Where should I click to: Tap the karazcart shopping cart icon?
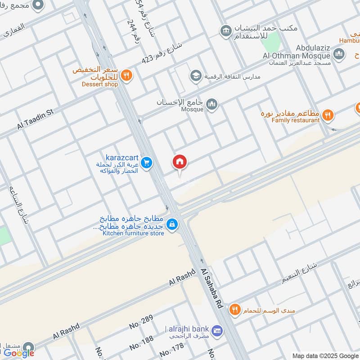point(146,164)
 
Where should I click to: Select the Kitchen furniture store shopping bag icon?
point(172,224)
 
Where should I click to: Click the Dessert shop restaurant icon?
point(127,76)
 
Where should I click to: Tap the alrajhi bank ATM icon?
point(217,330)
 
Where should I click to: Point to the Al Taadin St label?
point(36,119)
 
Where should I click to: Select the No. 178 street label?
point(171,350)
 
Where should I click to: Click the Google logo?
point(19,353)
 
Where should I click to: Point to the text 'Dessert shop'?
point(99,84)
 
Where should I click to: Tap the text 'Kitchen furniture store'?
point(133,233)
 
